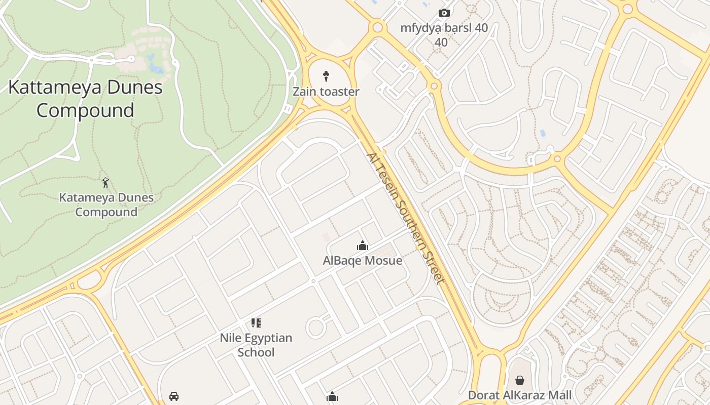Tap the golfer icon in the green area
[105, 183]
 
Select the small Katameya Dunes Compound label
[106, 205]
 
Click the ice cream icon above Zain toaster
[326, 76]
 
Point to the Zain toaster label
[326, 92]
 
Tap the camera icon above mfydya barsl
[444, 13]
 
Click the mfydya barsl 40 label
[444, 28]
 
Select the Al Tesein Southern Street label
[406, 218]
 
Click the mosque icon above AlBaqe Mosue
[363, 246]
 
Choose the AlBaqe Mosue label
[363, 261]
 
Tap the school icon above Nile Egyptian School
[256, 323]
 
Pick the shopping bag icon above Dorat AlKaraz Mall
[520, 380]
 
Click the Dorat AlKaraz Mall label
[520, 395]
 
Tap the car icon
[174, 396]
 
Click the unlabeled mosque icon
[332, 397]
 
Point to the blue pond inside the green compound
[154, 64]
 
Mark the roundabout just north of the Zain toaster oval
[377, 27]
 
